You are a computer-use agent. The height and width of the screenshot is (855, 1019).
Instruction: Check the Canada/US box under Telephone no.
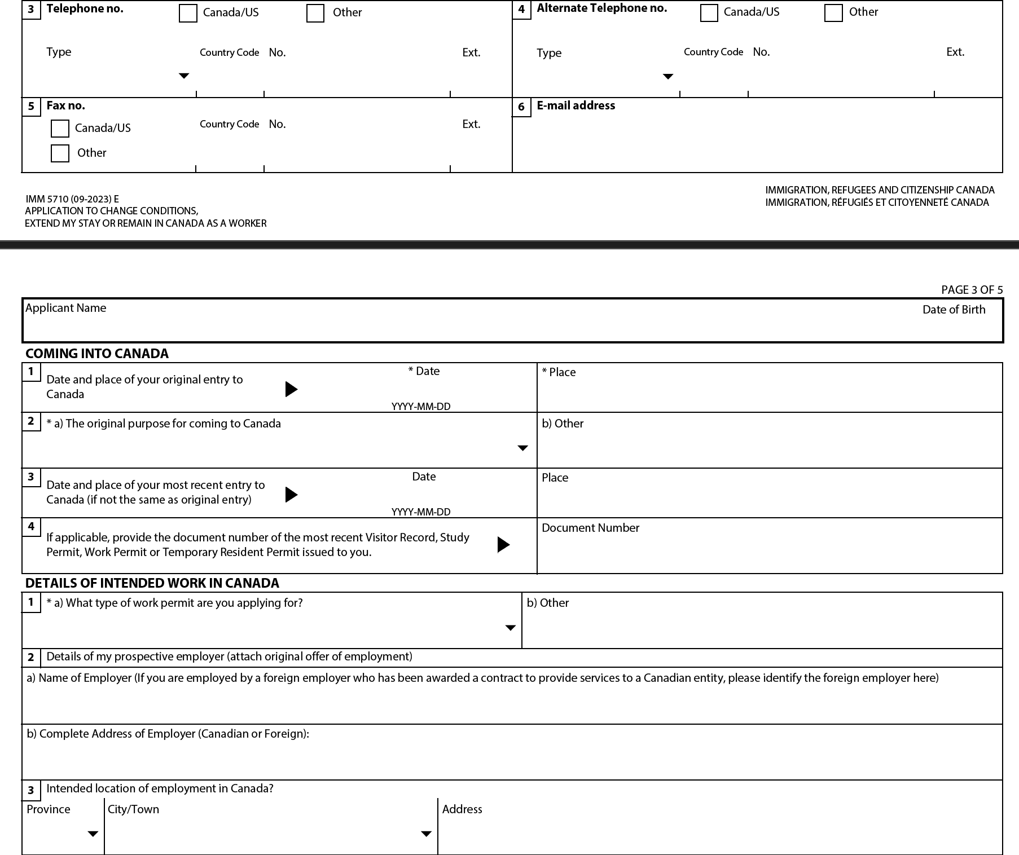point(188,14)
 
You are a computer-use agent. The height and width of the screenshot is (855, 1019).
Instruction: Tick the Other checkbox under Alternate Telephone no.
point(833,13)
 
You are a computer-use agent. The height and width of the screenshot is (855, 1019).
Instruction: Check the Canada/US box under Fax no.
point(60,129)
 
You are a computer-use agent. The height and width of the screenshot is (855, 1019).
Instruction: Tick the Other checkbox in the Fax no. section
point(60,153)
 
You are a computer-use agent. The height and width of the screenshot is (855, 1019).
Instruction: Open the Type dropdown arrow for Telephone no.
point(184,76)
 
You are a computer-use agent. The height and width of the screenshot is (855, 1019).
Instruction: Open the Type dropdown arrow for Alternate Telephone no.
point(668,77)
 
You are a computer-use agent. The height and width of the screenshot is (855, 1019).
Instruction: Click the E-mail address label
point(576,105)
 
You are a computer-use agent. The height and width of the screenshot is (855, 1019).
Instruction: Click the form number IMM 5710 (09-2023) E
point(72,199)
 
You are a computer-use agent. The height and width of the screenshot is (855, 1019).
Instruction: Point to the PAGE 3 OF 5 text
point(972,290)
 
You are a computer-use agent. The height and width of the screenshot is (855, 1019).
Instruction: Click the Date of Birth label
point(954,310)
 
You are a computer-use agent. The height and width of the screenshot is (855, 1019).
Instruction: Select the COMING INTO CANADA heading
point(97,354)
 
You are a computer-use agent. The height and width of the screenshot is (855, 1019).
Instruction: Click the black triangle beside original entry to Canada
point(291,389)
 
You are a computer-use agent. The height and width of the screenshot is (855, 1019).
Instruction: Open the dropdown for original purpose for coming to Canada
point(523,448)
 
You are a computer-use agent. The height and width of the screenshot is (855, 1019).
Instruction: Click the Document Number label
point(590,528)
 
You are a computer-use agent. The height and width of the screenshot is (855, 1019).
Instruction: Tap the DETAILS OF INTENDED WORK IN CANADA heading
point(152,583)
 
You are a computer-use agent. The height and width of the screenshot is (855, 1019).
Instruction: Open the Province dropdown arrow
point(93,834)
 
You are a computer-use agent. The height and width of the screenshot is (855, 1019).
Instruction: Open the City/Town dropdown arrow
point(427,834)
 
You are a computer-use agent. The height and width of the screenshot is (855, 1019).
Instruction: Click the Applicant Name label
point(66,308)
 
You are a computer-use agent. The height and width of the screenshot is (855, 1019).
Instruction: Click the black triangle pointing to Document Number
point(503,545)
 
